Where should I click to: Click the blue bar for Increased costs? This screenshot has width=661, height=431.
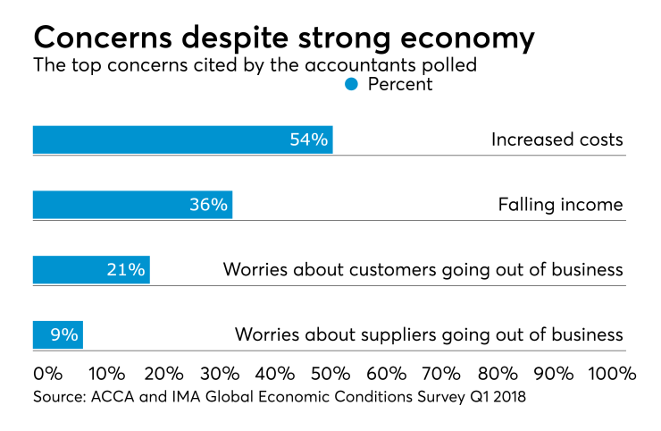coord(182,139)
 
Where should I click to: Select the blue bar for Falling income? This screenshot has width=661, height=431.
coord(132,205)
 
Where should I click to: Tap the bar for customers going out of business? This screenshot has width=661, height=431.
coord(91,270)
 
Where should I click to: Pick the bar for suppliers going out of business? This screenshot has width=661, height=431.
coord(57,335)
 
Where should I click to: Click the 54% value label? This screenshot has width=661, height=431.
coord(309,139)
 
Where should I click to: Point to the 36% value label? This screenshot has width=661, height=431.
coord(208,205)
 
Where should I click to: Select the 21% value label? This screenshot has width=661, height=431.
coord(126,270)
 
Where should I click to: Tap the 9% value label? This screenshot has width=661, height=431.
coord(64,335)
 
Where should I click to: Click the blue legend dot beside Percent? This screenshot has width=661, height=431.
coord(351,84)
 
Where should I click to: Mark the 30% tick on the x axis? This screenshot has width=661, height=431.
coord(219,372)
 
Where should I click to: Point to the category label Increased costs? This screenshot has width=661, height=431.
coord(556,139)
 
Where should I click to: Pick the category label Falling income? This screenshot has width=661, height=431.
coord(560,205)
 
